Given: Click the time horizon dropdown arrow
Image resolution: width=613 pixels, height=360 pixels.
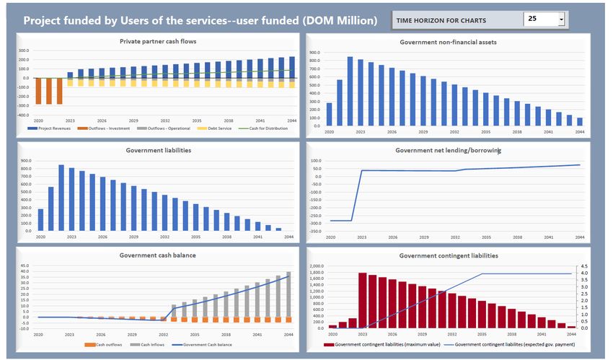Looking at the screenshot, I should tap(561, 19).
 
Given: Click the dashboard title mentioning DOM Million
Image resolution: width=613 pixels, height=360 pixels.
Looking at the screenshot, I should tap(200, 20).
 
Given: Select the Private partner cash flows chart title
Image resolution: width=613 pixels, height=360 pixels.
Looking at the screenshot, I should tap(158, 41).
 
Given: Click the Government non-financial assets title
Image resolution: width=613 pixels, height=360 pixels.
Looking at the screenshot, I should tap(448, 42).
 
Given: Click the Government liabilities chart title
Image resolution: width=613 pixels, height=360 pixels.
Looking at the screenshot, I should tap(158, 150).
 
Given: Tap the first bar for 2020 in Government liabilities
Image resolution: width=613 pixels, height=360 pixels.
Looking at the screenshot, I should tap(40, 220).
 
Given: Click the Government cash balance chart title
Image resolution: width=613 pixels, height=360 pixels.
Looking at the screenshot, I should tap(158, 255).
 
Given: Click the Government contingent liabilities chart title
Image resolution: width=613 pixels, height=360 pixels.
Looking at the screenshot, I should tap(448, 255).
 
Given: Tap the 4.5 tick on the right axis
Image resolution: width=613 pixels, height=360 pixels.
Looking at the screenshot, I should tap(584, 265).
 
